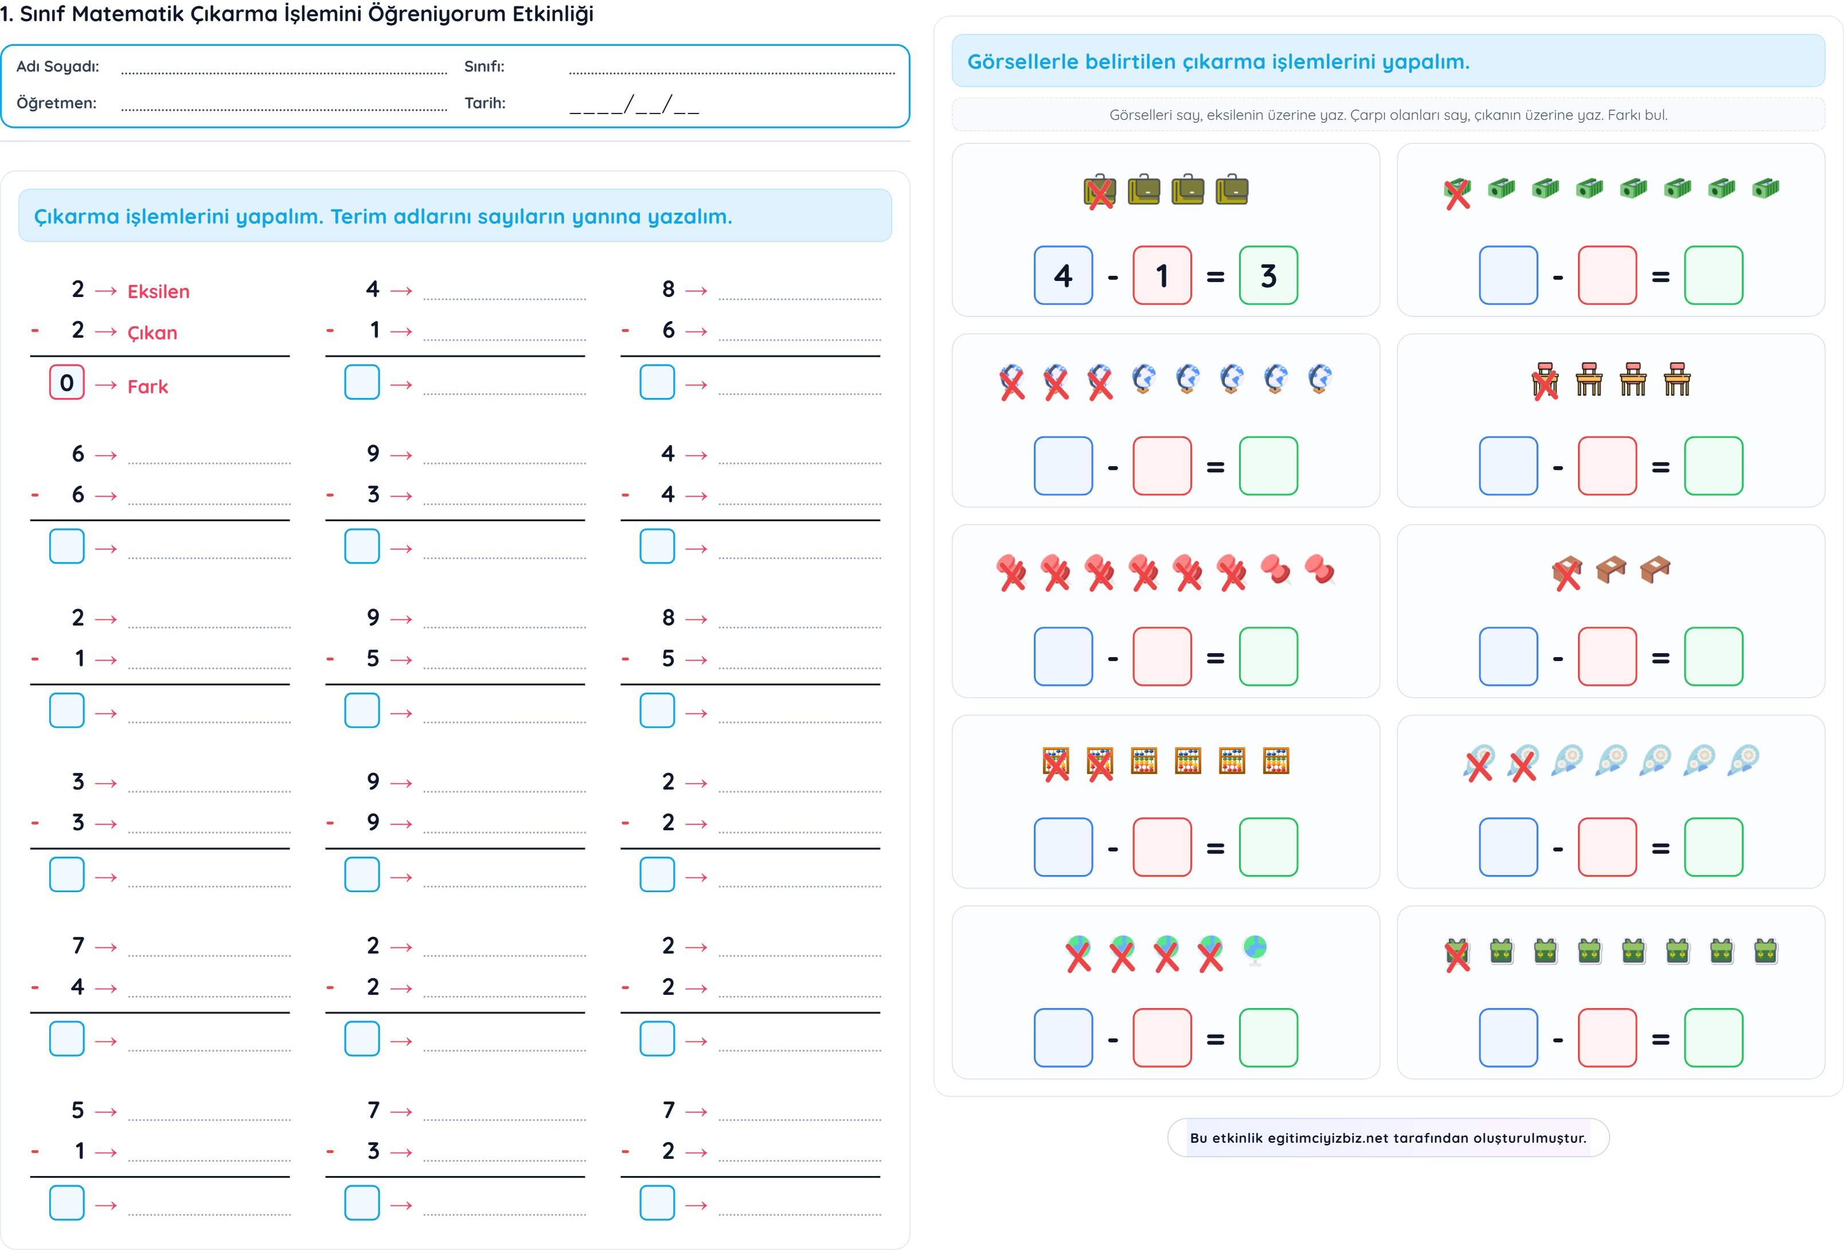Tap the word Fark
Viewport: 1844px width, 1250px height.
(147, 386)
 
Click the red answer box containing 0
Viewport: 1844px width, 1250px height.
(67, 382)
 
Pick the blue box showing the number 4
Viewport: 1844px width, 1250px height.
(1062, 275)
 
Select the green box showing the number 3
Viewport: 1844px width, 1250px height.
(1268, 275)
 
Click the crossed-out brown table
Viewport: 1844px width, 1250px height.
(1566, 572)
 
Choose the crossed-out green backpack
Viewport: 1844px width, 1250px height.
(1457, 953)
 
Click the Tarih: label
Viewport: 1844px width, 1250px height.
(485, 103)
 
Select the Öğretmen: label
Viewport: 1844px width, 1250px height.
(56, 103)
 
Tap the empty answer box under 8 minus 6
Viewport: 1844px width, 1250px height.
(657, 382)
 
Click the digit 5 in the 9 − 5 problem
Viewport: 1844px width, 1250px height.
(373, 659)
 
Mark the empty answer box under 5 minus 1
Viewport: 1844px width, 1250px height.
(67, 1203)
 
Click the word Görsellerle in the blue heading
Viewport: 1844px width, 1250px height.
(1023, 62)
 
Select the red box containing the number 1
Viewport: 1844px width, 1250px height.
(1162, 275)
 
